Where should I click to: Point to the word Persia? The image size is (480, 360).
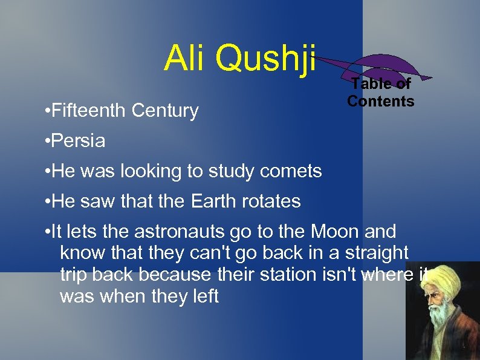click(x=79, y=142)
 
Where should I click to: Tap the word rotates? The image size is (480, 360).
click(x=271, y=201)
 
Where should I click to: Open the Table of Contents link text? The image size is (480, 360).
click(x=380, y=93)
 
